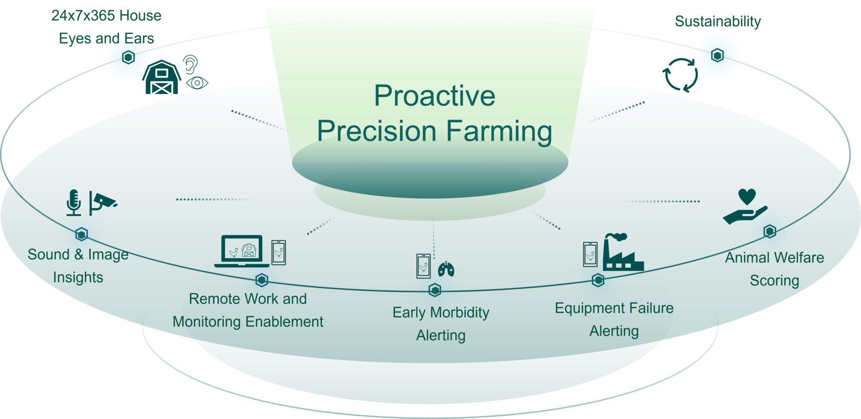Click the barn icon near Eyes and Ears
pyautogui.click(x=162, y=78)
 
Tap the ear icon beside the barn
pyautogui.click(x=190, y=64)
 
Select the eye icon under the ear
pyautogui.click(x=197, y=83)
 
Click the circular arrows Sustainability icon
pyautogui.click(x=680, y=75)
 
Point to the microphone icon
pyautogui.click(x=74, y=202)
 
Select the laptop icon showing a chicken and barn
pyautogui.click(x=242, y=251)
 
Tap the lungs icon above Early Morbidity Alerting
pyautogui.click(x=446, y=269)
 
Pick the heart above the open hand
pyautogui.click(x=747, y=196)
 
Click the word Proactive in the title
pyautogui.click(x=434, y=96)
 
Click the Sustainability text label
pyautogui.click(x=718, y=21)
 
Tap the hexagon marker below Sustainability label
pyautogui.click(x=717, y=55)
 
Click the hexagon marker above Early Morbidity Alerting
pyautogui.click(x=435, y=290)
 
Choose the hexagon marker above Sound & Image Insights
pyautogui.click(x=82, y=234)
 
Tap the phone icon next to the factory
pyautogui.click(x=590, y=255)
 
